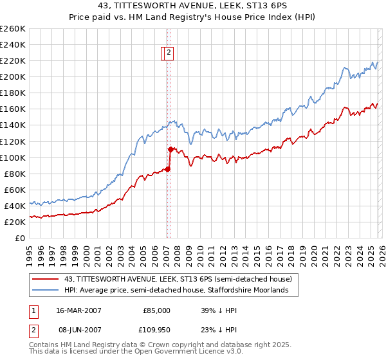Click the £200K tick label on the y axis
13,76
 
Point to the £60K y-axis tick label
15,190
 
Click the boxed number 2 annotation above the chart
169,54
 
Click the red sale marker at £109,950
170,149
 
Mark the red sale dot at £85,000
167,169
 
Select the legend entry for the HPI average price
181,291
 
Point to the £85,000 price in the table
156,310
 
